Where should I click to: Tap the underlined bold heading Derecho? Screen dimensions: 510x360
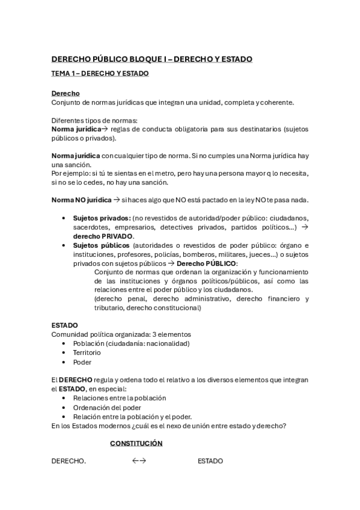(66, 94)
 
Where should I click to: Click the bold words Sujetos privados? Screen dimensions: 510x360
(101, 218)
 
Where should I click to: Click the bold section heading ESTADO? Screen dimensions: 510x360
(64, 325)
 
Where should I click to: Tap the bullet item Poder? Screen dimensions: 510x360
(82, 362)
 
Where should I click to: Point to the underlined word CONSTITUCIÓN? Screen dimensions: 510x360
(136, 443)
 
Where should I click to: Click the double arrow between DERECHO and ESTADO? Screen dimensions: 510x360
(139, 461)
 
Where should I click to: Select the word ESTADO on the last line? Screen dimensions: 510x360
(210, 461)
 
